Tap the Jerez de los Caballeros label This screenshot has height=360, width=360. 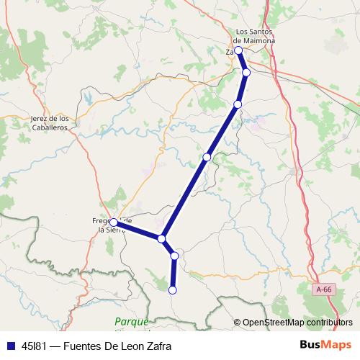tap(50, 122)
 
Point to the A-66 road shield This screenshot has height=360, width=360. tap(325, 289)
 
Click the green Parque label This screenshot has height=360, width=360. tap(131, 321)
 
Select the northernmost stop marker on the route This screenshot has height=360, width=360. tap(238, 50)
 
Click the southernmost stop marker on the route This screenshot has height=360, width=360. tap(172, 290)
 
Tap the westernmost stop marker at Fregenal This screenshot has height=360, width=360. tap(114, 222)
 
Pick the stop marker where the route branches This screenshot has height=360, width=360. tap(162, 238)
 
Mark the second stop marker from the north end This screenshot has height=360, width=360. tap(246, 73)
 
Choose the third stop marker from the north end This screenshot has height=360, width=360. tap(238, 104)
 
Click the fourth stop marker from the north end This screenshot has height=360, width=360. tap(207, 157)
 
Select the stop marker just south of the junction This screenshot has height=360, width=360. tap(174, 256)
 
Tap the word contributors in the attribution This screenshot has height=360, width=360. tap(330, 323)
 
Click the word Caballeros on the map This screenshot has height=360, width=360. tap(50, 127)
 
